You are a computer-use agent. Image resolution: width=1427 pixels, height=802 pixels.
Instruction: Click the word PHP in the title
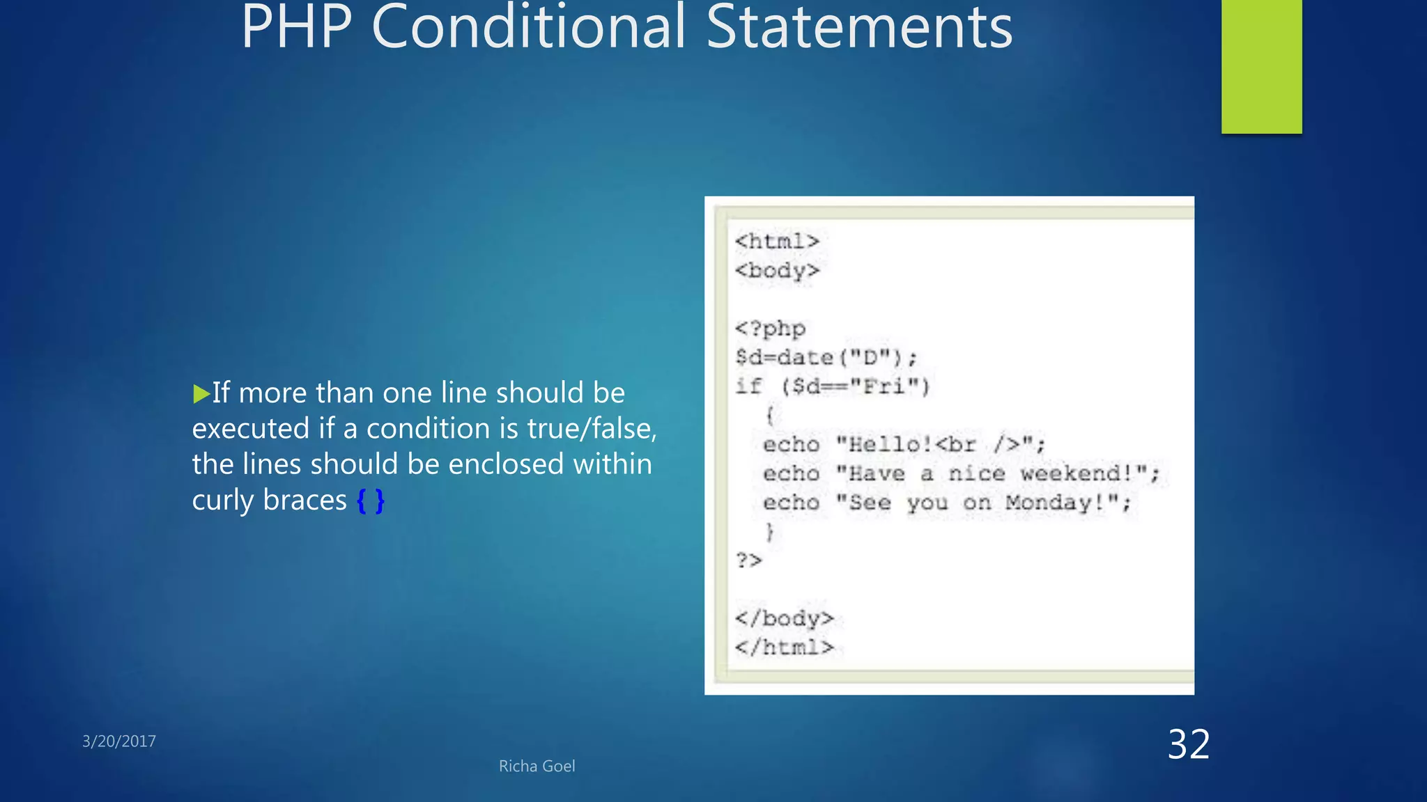[296, 28]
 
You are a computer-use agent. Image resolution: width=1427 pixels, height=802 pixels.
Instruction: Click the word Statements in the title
[859, 28]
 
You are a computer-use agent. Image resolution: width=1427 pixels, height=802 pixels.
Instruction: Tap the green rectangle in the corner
[1261, 66]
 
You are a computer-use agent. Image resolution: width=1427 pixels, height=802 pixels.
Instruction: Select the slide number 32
[1189, 744]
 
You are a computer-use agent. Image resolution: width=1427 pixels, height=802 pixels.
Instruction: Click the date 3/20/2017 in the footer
[119, 741]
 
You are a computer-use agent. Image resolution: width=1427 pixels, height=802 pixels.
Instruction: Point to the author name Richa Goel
[537, 766]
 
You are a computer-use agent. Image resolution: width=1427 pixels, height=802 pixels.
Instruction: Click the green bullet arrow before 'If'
[201, 394]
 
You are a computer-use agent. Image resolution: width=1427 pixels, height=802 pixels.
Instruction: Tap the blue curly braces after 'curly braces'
[370, 501]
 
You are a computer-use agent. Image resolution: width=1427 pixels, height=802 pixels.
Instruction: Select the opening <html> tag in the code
[777, 242]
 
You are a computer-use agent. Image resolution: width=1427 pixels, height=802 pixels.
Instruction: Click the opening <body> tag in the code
[777, 271]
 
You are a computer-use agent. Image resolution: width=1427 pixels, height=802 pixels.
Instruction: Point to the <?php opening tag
[770, 329]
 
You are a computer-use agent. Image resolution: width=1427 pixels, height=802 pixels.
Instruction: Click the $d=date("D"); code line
[826, 358]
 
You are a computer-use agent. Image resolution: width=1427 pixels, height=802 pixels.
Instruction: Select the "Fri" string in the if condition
[884, 386]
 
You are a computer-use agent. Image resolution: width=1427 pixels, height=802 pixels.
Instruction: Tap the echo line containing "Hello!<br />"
[904, 444]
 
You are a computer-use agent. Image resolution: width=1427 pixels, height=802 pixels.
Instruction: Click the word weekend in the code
[1077, 474]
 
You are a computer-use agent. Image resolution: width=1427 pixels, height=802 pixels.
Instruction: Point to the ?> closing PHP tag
[749, 560]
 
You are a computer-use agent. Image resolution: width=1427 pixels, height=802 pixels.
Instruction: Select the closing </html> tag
[784, 647]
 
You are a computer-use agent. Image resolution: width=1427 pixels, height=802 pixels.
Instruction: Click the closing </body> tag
[784, 618]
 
